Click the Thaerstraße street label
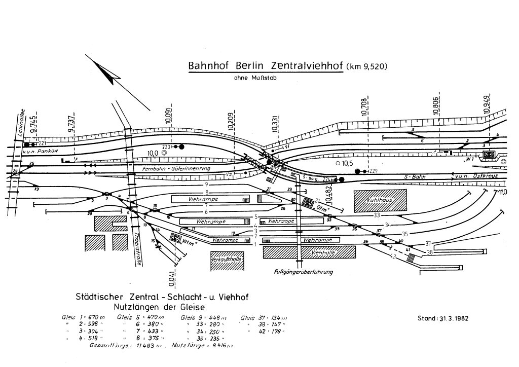pos(138,249)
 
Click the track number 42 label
pos(392,257)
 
